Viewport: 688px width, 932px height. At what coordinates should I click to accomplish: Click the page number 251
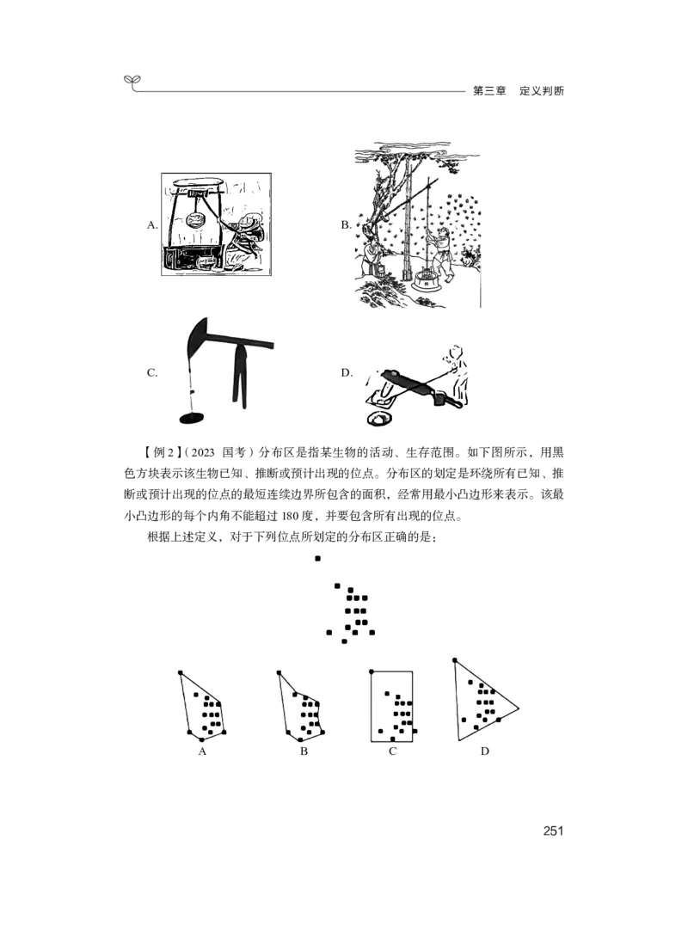pos(553,831)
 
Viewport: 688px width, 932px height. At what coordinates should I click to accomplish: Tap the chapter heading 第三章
pos(488,91)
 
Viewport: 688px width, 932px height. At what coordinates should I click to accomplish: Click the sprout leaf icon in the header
pos(133,82)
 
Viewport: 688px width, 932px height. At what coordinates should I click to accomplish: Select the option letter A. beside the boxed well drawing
pos(152,224)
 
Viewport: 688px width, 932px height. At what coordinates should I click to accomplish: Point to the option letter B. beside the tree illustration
pos(346,224)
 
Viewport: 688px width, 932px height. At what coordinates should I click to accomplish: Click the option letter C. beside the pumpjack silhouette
pos(152,372)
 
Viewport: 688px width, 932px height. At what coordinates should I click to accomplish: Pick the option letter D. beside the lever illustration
pos(347,372)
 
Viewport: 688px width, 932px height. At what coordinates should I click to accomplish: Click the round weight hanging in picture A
pos(195,220)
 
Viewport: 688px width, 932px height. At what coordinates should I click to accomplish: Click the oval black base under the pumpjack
pos(192,417)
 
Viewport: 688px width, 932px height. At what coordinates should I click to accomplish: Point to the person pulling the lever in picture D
pos(457,376)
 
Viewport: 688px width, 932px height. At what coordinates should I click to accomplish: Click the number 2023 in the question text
pos(203,452)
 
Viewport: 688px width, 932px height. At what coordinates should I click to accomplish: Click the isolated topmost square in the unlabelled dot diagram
pos(317,559)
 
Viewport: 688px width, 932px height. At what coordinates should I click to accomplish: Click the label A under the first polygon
pos(202,751)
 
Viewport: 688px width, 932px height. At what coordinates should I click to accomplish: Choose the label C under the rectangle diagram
pos(392,751)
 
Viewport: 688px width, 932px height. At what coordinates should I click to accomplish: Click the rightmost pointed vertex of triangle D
pos(518,708)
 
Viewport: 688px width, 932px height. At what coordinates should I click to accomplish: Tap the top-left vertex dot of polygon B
pos(279,673)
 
